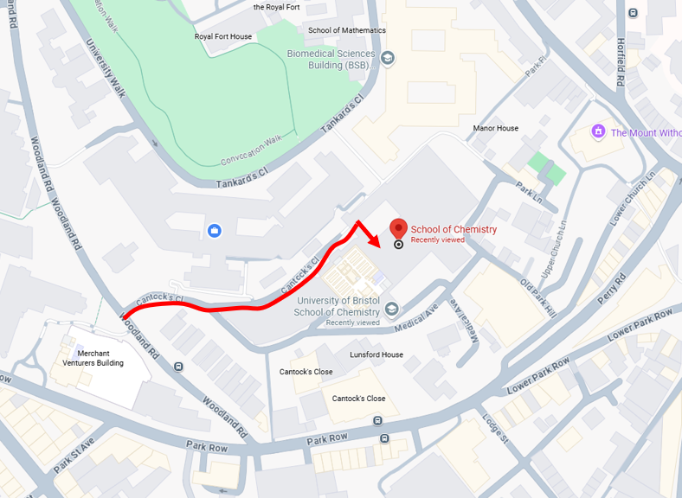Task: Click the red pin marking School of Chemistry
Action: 398,228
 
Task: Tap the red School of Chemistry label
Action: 454,229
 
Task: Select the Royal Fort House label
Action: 222,36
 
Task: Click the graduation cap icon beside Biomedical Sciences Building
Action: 389,57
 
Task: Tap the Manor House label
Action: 496,128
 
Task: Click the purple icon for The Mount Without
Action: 597,131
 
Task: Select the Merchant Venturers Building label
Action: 100,358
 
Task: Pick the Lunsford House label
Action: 376,354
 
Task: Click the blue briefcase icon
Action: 215,231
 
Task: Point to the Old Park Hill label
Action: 538,295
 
